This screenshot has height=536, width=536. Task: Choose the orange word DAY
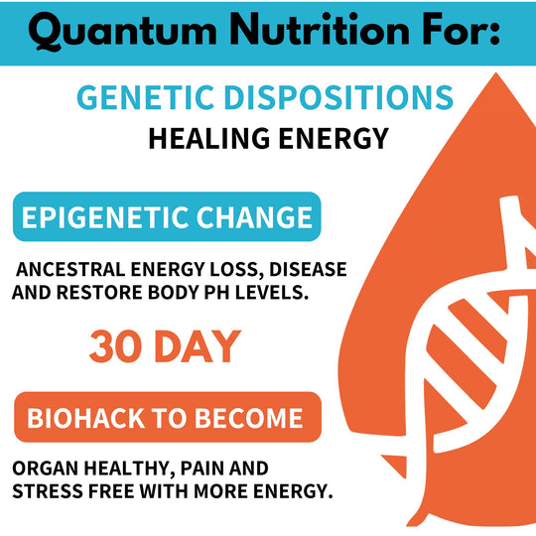click(x=199, y=346)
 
